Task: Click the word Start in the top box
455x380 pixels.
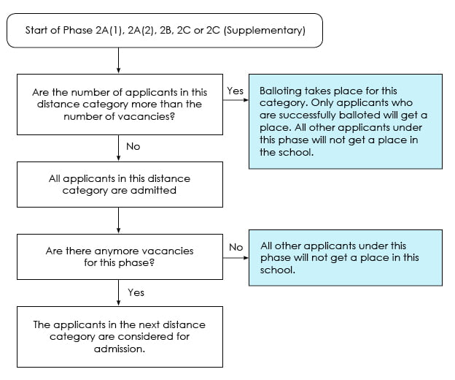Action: click(36, 30)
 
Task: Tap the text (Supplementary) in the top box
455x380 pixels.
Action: click(265, 31)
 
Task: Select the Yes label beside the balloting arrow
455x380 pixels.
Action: click(235, 91)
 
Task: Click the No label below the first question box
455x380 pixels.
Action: click(133, 146)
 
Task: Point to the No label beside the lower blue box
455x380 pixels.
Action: click(236, 247)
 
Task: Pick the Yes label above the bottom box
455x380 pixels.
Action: click(136, 292)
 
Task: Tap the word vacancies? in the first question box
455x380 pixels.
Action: click(147, 117)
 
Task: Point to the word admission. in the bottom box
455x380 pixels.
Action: click(120, 349)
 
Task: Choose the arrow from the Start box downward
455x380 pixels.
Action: click(118, 60)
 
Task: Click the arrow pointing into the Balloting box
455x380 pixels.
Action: click(236, 100)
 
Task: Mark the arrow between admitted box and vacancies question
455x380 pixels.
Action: click(118, 220)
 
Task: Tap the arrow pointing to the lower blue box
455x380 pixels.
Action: click(236, 258)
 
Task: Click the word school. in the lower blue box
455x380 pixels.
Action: click(277, 270)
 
